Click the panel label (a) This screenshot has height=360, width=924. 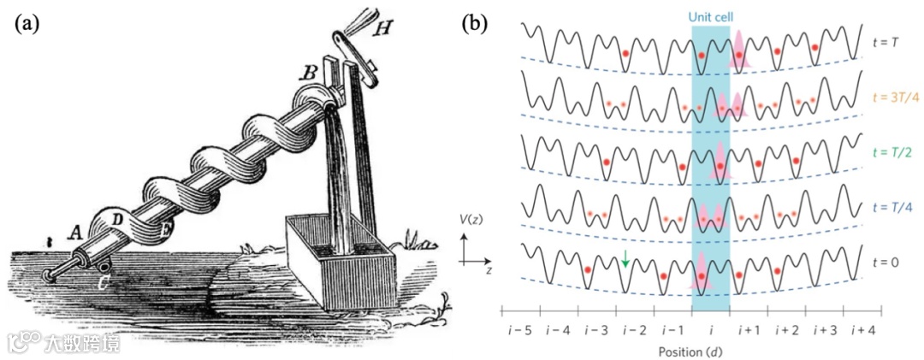pos(26,23)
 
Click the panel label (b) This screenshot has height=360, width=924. pos(475,23)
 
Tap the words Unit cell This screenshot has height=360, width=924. pos(710,16)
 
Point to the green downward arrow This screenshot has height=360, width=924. pos(626,257)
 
